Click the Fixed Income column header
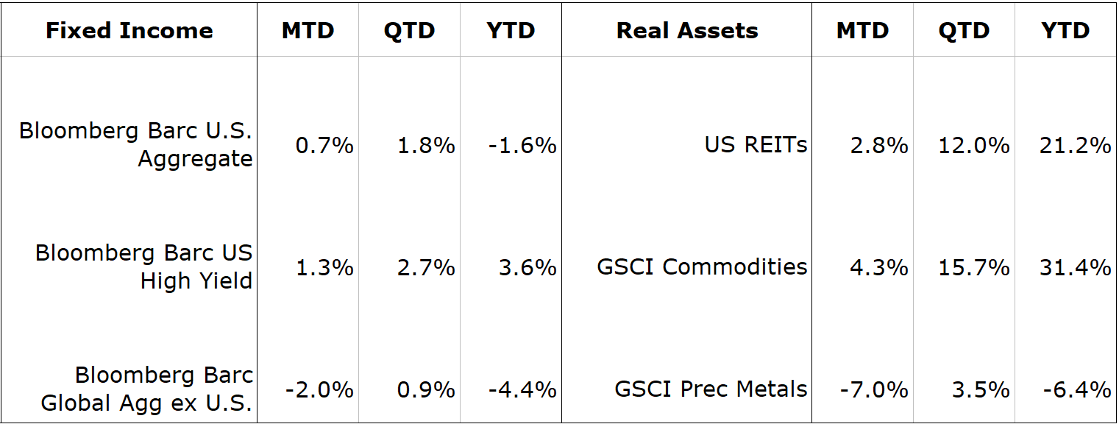(129, 30)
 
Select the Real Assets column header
(687, 30)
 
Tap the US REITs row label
(756, 145)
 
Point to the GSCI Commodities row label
(702, 267)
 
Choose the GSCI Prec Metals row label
(711, 389)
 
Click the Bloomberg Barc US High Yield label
(144, 267)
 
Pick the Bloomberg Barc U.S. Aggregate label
(136, 145)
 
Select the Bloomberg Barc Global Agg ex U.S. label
(147, 389)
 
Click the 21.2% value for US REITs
(1075, 146)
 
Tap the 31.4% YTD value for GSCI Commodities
(1075, 267)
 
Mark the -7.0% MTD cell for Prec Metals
(874, 389)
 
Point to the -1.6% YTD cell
(522, 146)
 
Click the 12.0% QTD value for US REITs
(973, 146)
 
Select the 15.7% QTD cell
(973, 267)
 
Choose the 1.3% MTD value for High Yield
(324, 267)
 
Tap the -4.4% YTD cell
(522, 389)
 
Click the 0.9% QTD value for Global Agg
(426, 389)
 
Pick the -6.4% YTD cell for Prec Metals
(1076, 389)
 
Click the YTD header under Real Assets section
(1065, 30)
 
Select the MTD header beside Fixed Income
(308, 30)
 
